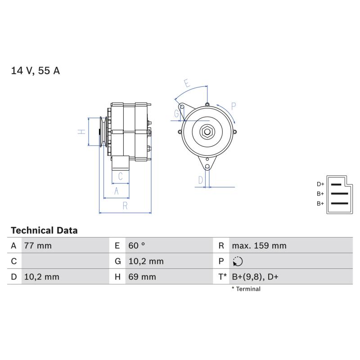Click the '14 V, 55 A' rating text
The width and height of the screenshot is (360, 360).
[36, 71]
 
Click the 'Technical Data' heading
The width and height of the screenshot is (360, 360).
[44, 230]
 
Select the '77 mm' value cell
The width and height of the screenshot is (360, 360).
[38, 246]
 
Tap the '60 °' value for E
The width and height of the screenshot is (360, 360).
[137, 246]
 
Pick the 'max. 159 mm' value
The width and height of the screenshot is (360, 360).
[259, 246]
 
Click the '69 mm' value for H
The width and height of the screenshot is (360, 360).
[142, 277]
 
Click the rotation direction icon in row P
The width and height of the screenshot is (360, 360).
[238, 261]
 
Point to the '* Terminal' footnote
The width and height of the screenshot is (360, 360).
[246, 289]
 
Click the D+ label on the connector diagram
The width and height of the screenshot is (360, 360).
[320, 184]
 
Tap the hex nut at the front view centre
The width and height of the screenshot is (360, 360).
[207, 132]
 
